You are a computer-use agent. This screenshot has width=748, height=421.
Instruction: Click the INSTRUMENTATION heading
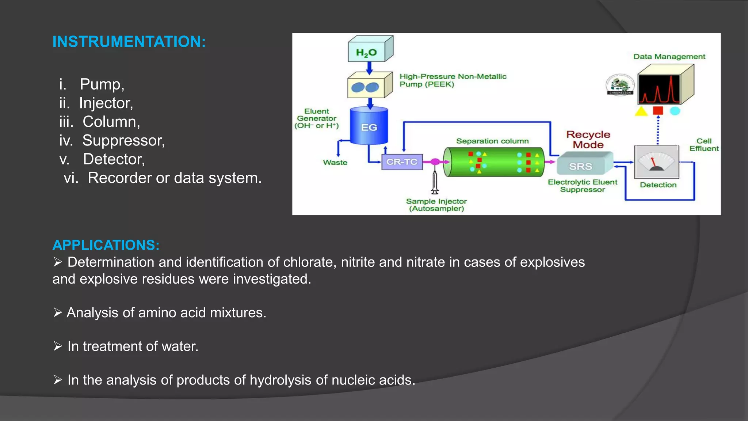coord(129,42)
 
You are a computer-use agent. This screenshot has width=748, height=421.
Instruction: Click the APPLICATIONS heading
coord(106,245)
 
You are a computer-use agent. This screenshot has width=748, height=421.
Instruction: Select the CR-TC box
coord(402,162)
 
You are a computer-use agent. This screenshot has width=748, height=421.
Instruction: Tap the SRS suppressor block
coord(581,166)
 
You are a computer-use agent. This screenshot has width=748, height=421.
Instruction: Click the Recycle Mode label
coord(588,140)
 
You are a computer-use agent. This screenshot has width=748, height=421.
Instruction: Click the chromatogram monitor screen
coord(659,90)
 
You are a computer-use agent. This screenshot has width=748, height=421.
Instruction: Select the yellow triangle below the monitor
coord(641,111)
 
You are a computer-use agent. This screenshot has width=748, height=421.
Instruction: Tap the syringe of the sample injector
coord(435,181)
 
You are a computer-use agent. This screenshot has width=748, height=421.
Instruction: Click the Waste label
coord(335,163)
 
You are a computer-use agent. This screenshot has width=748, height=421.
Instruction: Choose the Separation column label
coord(492,141)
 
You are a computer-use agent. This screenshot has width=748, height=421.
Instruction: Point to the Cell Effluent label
coord(704,145)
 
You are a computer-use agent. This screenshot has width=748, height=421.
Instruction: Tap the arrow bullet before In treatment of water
coord(58,346)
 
